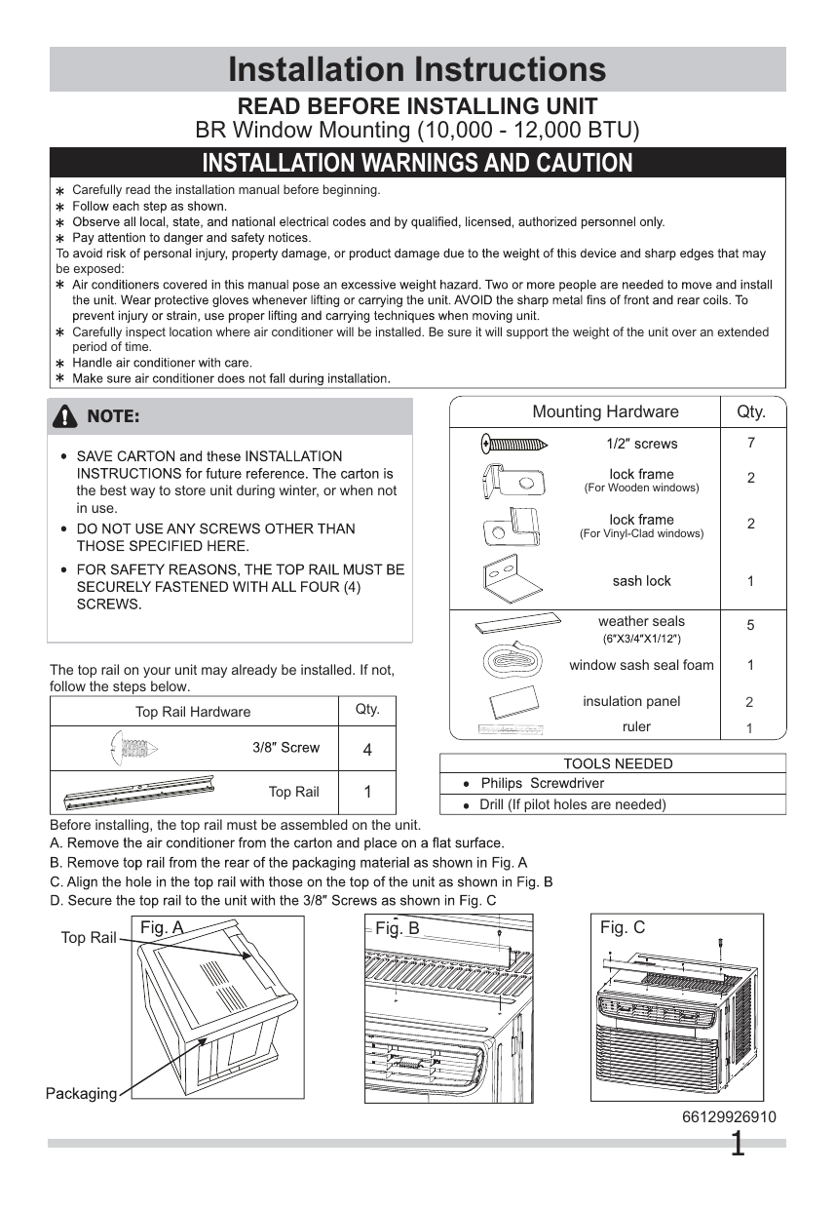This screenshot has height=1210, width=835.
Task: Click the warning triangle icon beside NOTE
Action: pos(66,417)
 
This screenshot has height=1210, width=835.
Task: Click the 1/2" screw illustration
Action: pos(514,445)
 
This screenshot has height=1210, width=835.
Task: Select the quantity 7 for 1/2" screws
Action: pos(750,443)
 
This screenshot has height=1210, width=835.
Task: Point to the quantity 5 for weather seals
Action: pos(750,625)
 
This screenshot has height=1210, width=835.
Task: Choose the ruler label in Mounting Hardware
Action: pos(636,726)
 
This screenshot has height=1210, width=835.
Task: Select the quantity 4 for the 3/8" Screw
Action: pos(367,751)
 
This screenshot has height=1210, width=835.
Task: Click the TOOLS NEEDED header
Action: pos(618,763)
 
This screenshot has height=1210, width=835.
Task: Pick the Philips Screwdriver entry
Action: pos(542,783)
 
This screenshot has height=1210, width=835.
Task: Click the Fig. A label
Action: pos(161,927)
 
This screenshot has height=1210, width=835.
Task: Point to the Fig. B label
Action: pos(398,928)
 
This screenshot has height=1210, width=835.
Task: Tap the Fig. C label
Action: pos(623,927)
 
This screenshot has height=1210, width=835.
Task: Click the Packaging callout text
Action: pos(81,1093)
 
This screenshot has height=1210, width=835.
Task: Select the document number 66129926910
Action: pos(730,1117)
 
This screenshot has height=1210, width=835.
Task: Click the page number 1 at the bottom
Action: pos(738,1144)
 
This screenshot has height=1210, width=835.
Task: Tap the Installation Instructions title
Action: pos(417,69)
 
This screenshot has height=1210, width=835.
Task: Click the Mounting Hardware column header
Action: pos(605,411)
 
